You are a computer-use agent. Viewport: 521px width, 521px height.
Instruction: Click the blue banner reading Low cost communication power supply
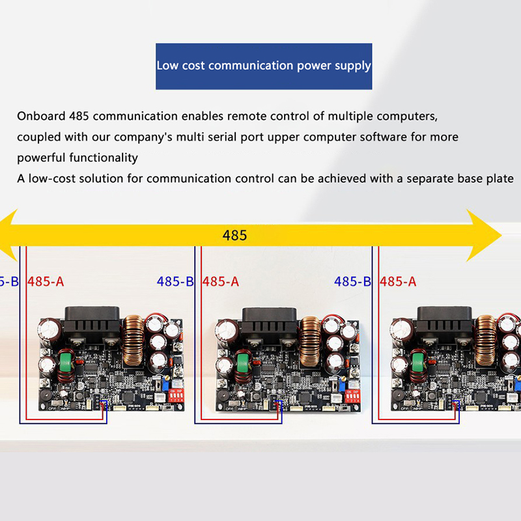(264, 66)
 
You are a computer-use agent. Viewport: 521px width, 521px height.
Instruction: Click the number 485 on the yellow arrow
(234, 235)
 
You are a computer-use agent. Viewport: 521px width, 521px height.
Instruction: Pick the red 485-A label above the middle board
(221, 282)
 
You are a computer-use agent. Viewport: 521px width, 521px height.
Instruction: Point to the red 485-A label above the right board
(398, 282)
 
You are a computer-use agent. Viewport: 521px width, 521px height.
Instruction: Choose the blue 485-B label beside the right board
(352, 282)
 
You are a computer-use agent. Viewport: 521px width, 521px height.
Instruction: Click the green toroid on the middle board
(244, 363)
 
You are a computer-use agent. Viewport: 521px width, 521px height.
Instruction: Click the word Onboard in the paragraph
(41, 117)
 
